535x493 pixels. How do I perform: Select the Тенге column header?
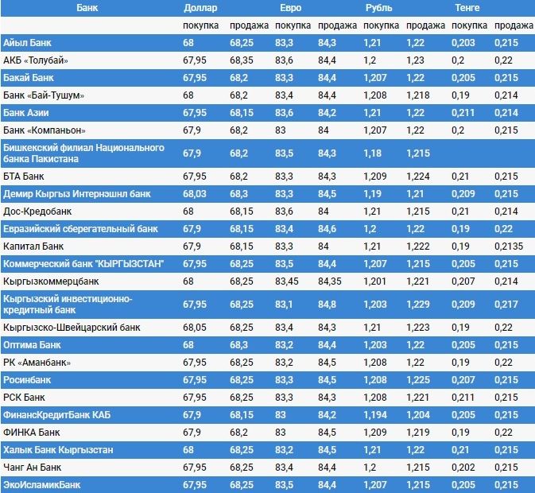[x=467, y=8]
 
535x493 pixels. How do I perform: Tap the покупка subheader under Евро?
[x=293, y=25]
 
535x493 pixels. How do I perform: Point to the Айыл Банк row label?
[x=28, y=42]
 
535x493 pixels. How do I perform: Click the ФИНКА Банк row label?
[x=32, y=433]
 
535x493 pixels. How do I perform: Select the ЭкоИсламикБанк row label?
[x=42, y=484]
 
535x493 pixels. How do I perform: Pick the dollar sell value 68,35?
[x=242, y=60]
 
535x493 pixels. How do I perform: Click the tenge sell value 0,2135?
[x=509, y=246]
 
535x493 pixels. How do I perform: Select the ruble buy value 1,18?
[x=372, y=153]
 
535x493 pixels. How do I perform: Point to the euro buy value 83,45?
[x=289, y=281]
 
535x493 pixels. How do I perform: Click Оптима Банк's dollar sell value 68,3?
[x=238, y=345]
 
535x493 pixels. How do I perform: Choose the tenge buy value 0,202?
[x=463, y=467]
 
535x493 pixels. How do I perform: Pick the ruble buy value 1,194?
[x=376, y=415]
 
